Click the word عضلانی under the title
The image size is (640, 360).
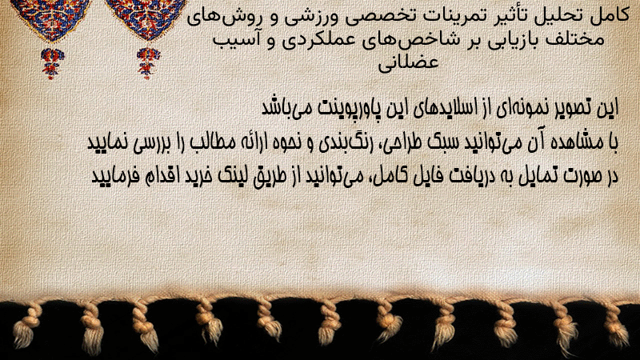408,62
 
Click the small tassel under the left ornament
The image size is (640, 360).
52,63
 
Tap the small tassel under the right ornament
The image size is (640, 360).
148,63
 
